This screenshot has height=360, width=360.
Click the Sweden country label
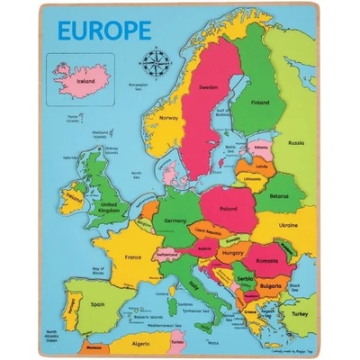(x=209, y=87)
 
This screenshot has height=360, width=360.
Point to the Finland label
(x=260, y=102)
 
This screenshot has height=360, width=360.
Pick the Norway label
(x=168, y=117)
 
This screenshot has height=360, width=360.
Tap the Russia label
(x=295, y=142)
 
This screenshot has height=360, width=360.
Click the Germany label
(x=175, y=219)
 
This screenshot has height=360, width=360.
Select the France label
(x=133, y=256)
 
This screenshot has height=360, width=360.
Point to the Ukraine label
(x=288, y=225)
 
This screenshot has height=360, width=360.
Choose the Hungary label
(x=233, y=255)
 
